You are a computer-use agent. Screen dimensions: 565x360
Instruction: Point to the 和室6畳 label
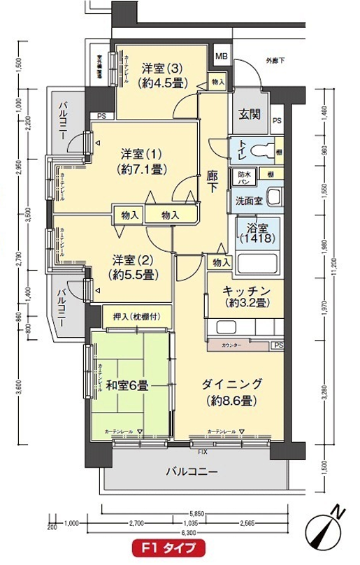coord(127,385)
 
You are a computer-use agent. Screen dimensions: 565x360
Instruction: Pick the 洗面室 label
coord(248,199)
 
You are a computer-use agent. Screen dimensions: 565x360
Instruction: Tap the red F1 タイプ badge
coord(164,547)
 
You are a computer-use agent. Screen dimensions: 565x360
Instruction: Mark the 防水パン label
coord(245,177)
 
